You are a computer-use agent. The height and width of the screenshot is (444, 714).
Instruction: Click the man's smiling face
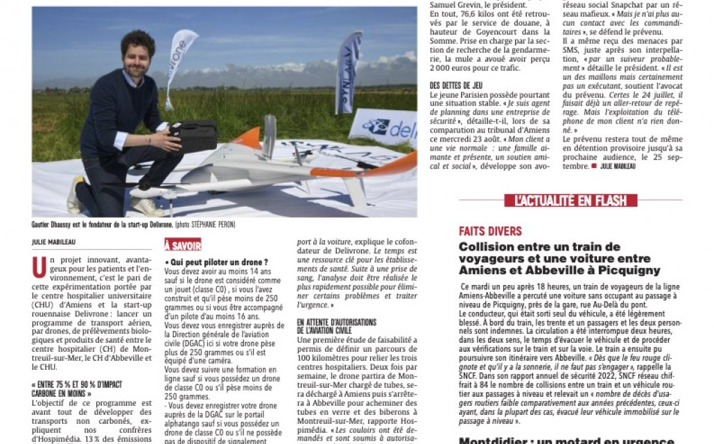pyautogui.click(x=135, y=55)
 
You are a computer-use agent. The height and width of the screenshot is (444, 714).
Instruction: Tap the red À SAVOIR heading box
pyautogui.click(x=183, y=245)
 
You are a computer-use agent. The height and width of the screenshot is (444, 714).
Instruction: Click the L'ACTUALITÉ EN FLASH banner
pyautogui.click(x=571, y=200)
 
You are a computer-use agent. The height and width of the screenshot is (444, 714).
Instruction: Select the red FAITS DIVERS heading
pyautogui.click(x=490, y=231)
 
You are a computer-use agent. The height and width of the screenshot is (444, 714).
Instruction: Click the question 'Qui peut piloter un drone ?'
pyautogui.click(x=217, y=262)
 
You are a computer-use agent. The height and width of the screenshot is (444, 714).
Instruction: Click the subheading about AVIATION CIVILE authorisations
pyautogui.click(x=336, y=326)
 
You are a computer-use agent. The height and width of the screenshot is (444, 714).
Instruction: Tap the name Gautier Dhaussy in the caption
pyautogui.click(x=55, y=225)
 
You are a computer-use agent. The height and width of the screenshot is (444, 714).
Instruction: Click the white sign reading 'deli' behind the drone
pyautogui.click(x=385, y=128)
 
